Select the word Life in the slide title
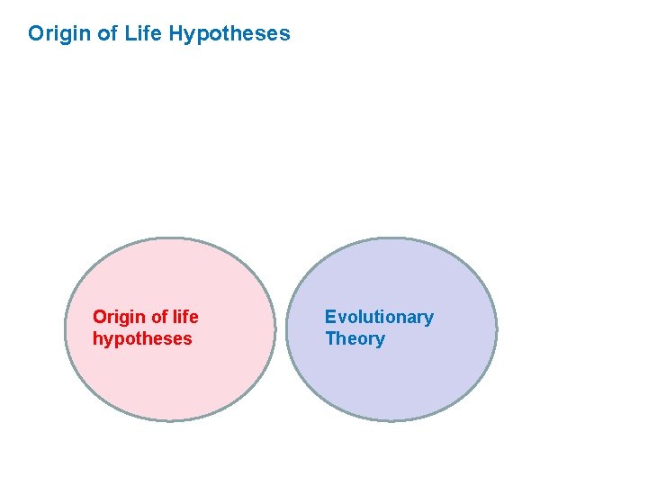click(x=141, y=34)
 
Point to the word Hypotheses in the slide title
click(x=229, y=35)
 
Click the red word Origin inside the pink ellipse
click(x=118, y=317)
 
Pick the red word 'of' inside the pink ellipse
click(x=160, y=317)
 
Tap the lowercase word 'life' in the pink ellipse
click(x=186, y=317)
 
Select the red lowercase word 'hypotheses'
click(x=142, y=339)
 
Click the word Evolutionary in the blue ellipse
click(x=379, y=317)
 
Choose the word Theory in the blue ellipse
click(x=355, y=339)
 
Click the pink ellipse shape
click(x=171, y=387)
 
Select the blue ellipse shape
click(x=391, y=387)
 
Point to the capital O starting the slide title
click(x=36, y=34)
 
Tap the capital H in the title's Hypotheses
click(x=176, y=34)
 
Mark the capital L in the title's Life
click(x=128, y=34)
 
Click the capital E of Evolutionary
click(x=330, y=317)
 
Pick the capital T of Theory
click(x=330, y=339)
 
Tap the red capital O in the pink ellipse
click(x=100, y=317)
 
